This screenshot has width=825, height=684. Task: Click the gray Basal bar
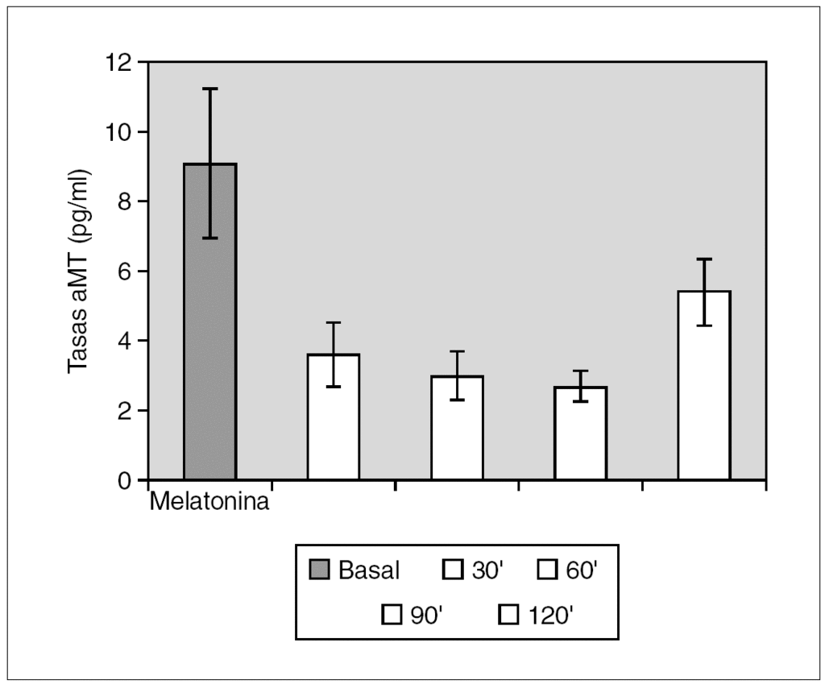point(209,322)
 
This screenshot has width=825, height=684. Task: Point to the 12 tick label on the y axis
point(119,62)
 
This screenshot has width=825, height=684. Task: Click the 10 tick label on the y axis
point(119,132)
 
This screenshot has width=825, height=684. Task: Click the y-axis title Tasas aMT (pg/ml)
point(77,272)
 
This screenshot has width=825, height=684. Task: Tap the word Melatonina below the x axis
point(209,503)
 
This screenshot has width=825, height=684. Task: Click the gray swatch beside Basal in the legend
point(320,570)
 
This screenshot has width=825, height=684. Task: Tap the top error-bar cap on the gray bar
point(209,89)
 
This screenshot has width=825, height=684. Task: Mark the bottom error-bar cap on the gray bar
point(209,238)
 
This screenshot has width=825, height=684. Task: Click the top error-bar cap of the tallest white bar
point(703,259)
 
